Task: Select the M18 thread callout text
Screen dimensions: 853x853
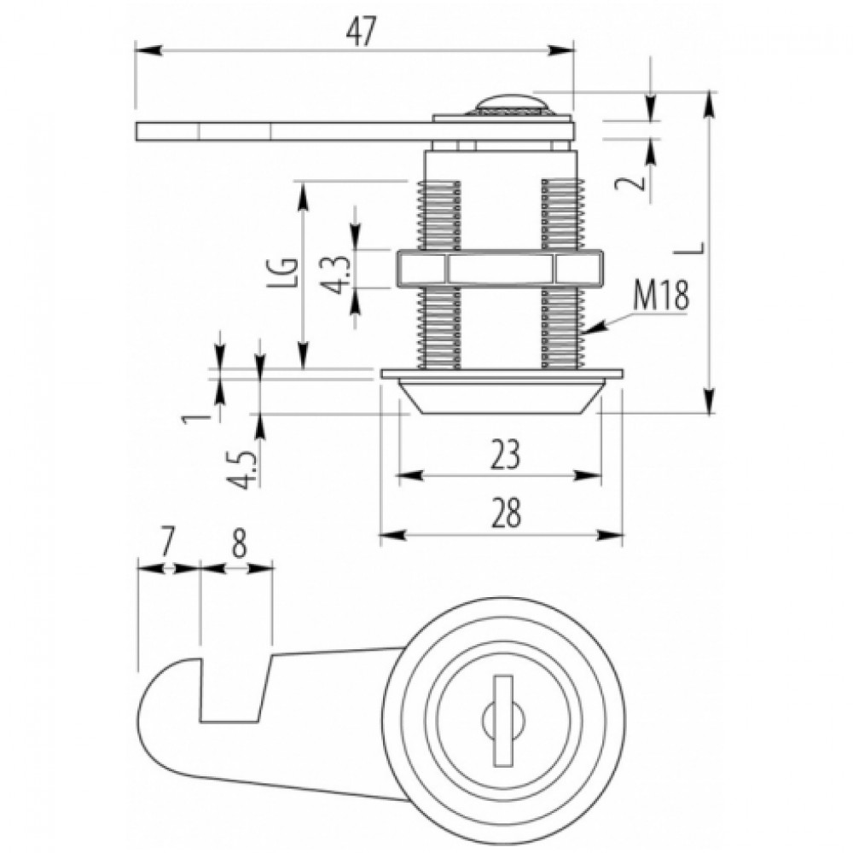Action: pos(661,295)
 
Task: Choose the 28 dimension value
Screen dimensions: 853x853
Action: pos(506,513)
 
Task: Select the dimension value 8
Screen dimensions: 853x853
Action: pos(239,543)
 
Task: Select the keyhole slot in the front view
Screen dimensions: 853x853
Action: pos(504,718)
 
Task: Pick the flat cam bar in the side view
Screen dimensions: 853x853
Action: pos(355,131)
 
